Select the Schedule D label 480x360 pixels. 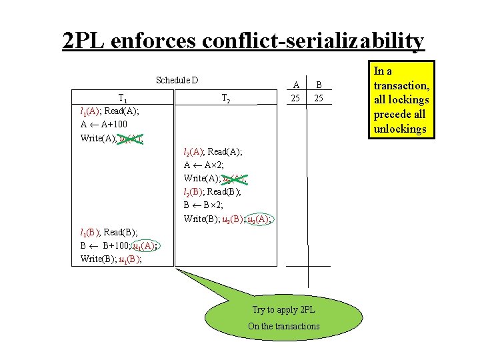pos(177,81)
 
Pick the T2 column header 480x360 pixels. pos(225,99)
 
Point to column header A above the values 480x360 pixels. pos(295,85)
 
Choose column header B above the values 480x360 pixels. pos(319,85)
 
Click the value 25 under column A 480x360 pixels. pos(295,98)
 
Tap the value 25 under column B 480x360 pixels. pos(319,98)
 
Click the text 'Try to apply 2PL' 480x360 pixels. pos(283,309)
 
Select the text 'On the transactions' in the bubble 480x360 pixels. pos(283,326)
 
